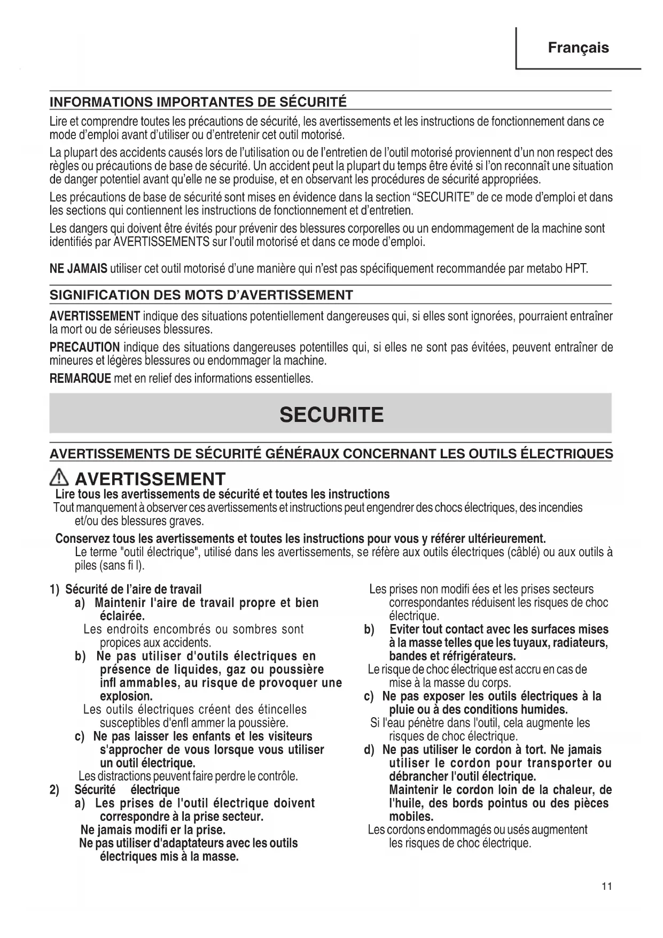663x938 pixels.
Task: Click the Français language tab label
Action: [578, 48]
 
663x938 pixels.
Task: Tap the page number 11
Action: [606, 887]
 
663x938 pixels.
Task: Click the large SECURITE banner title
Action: [331, 414]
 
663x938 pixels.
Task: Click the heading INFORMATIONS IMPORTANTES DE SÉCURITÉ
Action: [198, 102]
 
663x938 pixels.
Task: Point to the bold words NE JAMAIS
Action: [78, 268]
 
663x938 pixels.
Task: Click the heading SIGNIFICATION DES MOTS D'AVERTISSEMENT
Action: [201, 295]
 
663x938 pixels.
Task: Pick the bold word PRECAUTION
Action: [84, 348]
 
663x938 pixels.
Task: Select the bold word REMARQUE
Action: [80, 379]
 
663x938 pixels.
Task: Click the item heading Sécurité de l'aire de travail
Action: [133, 589]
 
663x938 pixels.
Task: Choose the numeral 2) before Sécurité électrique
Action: [54, 790]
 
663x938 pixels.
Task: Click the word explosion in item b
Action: [126, 696]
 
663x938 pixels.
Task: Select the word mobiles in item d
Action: [411, 817]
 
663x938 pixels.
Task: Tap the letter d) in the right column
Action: [369, 750]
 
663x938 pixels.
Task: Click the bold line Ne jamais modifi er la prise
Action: [153, 830]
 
